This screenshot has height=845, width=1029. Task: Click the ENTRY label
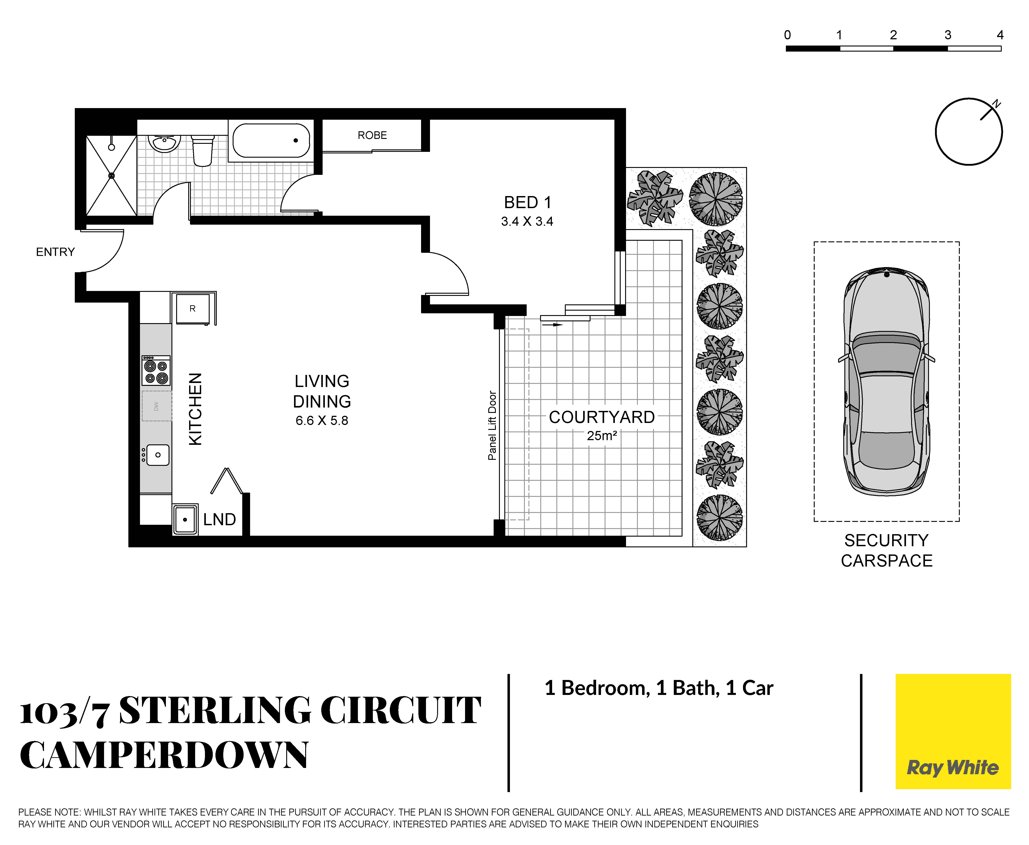click(x=55, y=252)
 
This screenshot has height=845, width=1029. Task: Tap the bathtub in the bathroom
click(x=271, y=141)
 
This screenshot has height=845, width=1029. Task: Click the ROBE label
click(x=372, y=135)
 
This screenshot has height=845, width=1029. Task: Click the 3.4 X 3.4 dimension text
click(x=527, y=222)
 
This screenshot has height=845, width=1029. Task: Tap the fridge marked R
click(x=193, y=308)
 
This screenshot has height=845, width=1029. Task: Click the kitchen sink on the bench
click(x=158, y=455)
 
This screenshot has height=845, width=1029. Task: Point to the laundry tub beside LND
click(x=185, y=519)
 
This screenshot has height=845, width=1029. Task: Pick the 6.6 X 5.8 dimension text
click(x=322, y=420)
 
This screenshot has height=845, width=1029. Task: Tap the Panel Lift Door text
click(x=492, y=425)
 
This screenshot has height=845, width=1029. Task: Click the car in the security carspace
click(x=886, y=381)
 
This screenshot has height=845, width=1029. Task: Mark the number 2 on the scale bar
click(x=893, y=35)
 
